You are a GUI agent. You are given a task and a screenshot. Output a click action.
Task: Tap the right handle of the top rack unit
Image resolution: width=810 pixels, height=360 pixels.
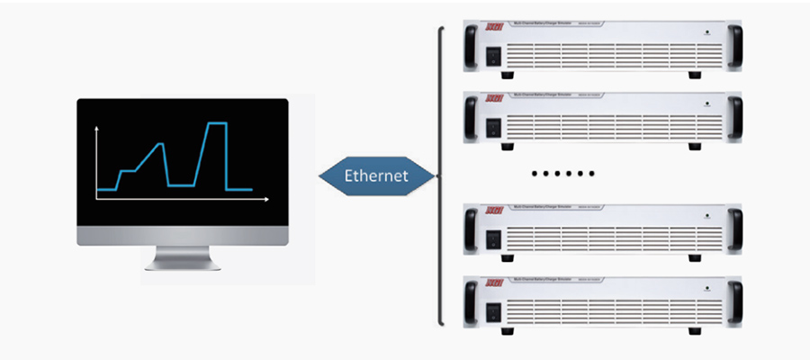point(736,49)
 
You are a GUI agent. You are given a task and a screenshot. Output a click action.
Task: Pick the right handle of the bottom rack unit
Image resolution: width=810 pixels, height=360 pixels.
point(736,305)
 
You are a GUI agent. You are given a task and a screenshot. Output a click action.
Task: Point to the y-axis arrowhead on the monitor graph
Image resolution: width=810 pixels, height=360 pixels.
point(96,130)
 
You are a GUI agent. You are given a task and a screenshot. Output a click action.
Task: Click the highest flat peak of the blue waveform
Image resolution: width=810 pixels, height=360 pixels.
point(215,122)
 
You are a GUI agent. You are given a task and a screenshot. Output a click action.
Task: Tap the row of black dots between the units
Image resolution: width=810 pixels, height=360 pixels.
point(563,172)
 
